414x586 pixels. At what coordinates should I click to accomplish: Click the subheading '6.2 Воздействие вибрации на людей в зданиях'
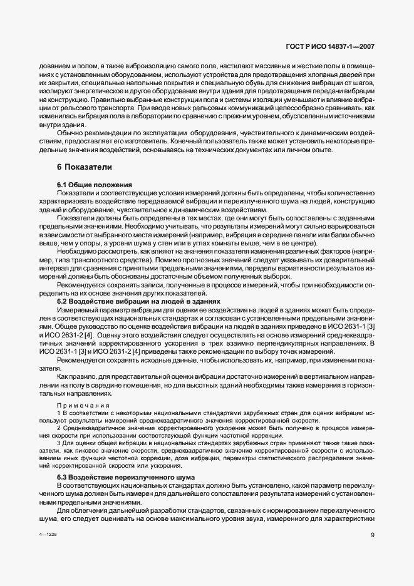138,301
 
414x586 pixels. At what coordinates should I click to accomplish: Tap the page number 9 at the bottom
373,552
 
